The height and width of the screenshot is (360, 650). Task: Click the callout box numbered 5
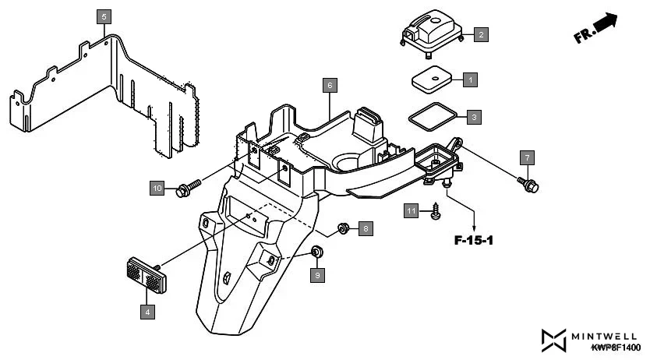[105, 16]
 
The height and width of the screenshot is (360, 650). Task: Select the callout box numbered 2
[482, 34]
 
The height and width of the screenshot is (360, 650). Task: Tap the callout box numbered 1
[469, 79]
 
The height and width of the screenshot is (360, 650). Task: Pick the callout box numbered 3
[474, 118]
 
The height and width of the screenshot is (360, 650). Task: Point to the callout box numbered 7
[527, 158]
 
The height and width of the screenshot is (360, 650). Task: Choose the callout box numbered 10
[158, 188]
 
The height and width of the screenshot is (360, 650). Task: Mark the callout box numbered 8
[366, 228]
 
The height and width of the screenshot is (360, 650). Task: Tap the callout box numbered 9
[317, 274]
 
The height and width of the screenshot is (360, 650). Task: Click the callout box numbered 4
[147, 312]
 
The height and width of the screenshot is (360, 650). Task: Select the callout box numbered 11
[412, 211]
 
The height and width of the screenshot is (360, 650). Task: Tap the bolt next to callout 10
[187, 187]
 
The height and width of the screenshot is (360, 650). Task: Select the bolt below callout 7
[530, 185]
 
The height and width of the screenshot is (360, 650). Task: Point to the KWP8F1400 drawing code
[615, 348]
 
